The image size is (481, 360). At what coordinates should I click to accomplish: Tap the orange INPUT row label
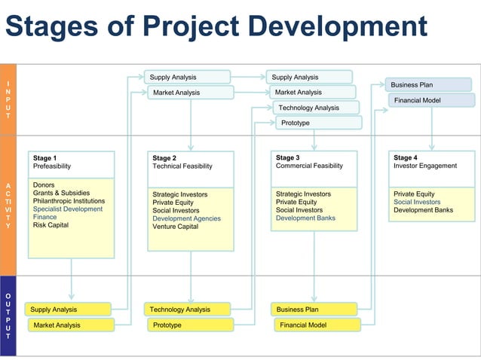(8, 99)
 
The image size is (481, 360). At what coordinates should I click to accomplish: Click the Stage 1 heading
(44, 158)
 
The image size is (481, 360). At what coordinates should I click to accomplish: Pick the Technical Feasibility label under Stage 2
(182, 166)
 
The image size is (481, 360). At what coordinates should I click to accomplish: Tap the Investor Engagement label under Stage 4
(425, 166)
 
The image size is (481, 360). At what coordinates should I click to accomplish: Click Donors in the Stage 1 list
(44, 185)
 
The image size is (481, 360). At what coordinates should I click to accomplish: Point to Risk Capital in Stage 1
(51, 225)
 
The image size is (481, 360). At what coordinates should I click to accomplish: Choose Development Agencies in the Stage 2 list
(186, 218)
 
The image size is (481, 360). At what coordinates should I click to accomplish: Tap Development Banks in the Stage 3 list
(305, 218)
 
